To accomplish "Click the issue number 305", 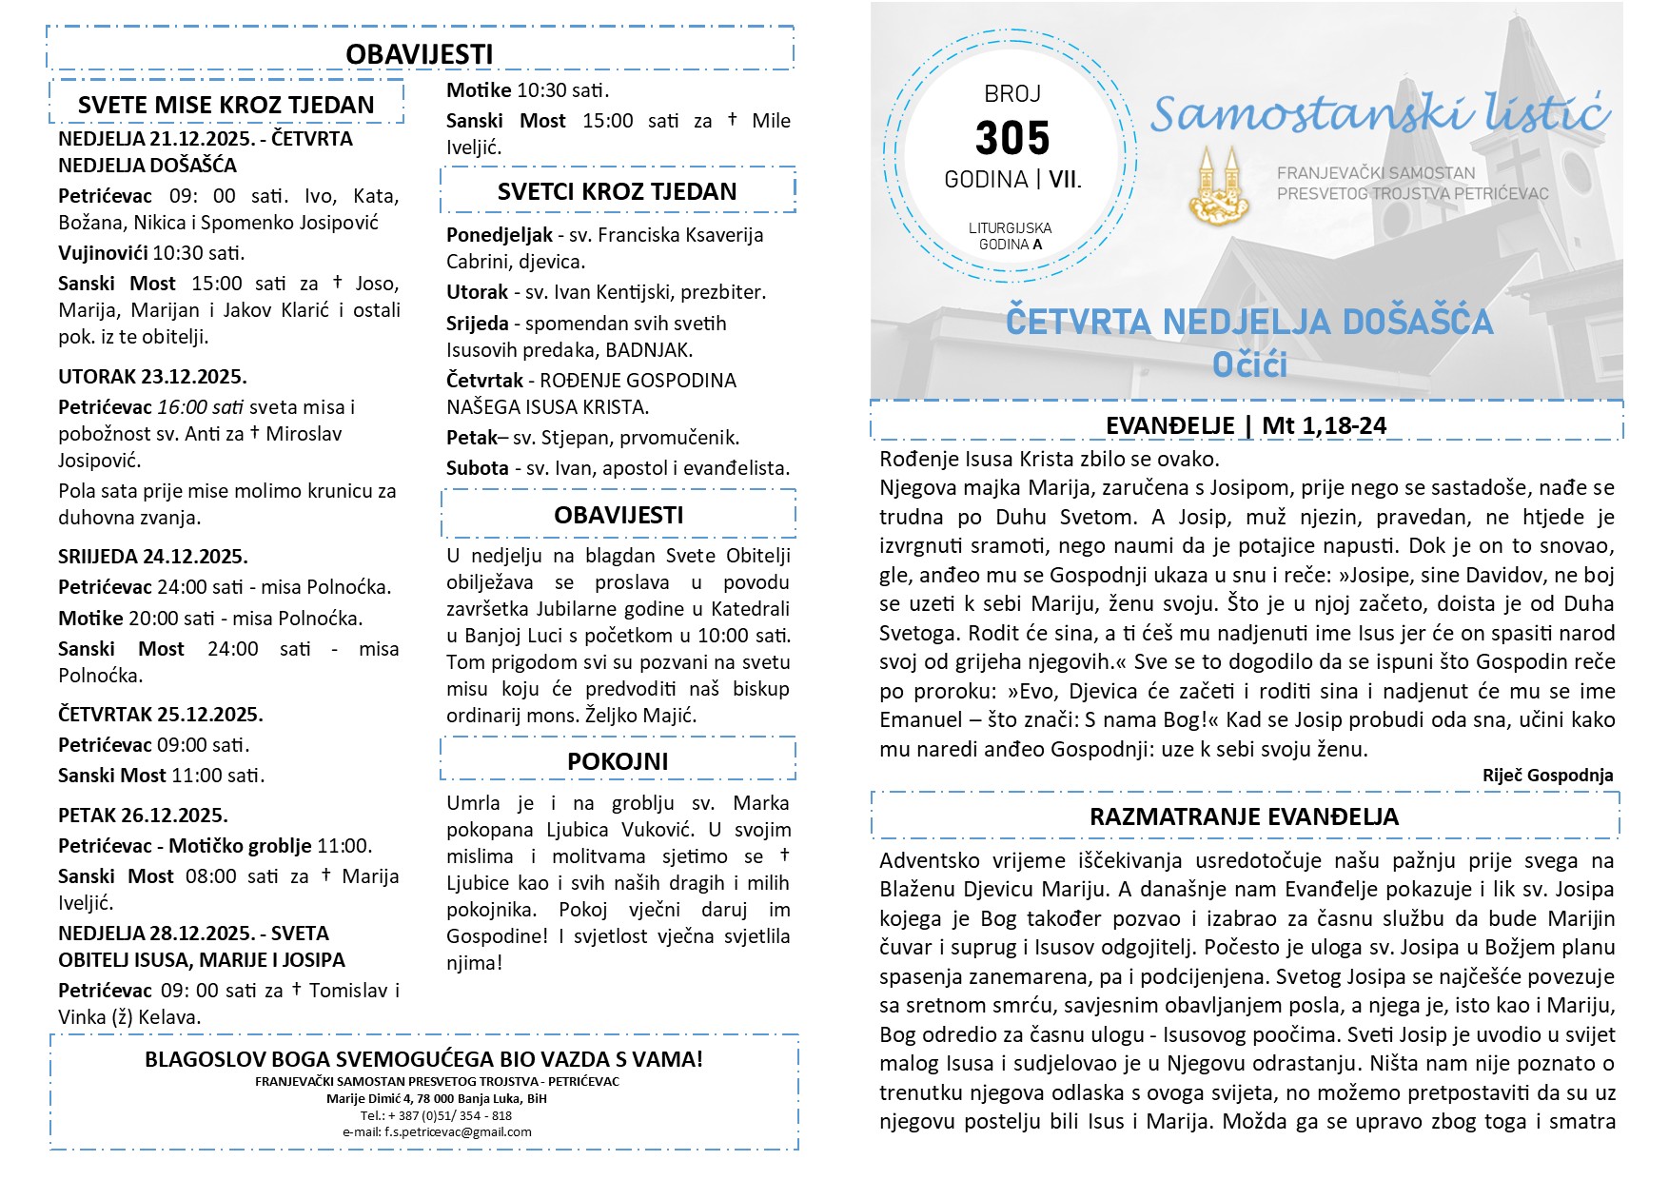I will [x=1012, y=138].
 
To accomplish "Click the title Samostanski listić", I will [x=1380, y=114].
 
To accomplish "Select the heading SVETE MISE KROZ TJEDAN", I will [x=226, y=105].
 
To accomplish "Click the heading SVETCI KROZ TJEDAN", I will [x=617, y=191].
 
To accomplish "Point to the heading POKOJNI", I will [x=618, y=761].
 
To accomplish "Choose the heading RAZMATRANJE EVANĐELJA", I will [x=1244, y=816].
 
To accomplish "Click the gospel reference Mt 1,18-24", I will [x=1324, y=425].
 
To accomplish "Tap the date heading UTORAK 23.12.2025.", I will [x=152, y=376].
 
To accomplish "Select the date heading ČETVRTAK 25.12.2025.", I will [x=161, y=714].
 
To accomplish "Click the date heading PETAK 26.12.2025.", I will [x=143, y=815].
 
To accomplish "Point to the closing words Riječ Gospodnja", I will [x=1547, y=776].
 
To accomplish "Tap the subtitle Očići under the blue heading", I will [x=1249, y=364].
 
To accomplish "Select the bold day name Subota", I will [x=478, y=468].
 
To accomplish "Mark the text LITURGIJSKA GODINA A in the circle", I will [x=1011, y=236].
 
